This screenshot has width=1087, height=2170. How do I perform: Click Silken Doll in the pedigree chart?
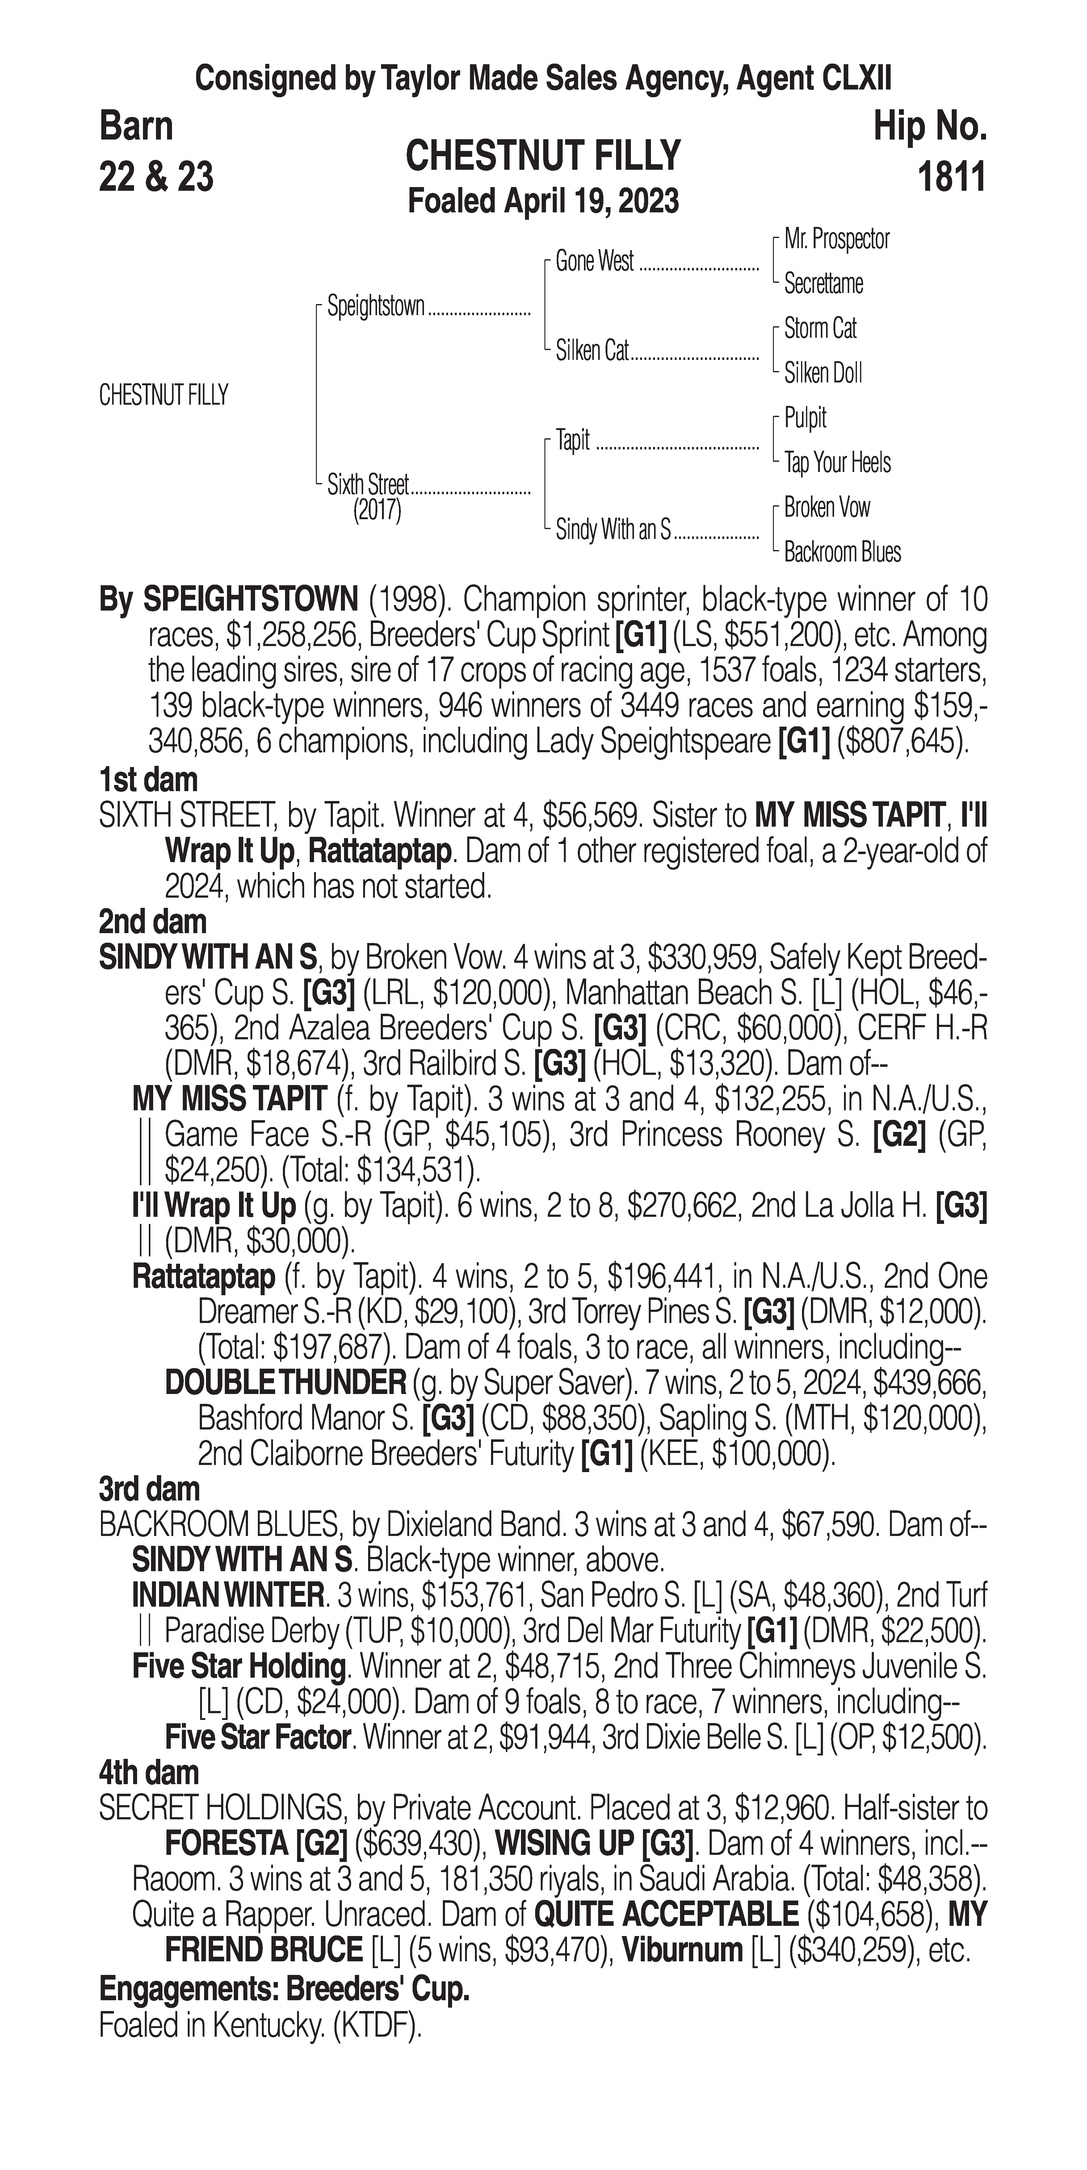[822, 373]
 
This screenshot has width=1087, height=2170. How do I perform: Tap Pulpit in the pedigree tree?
[805, 418]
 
